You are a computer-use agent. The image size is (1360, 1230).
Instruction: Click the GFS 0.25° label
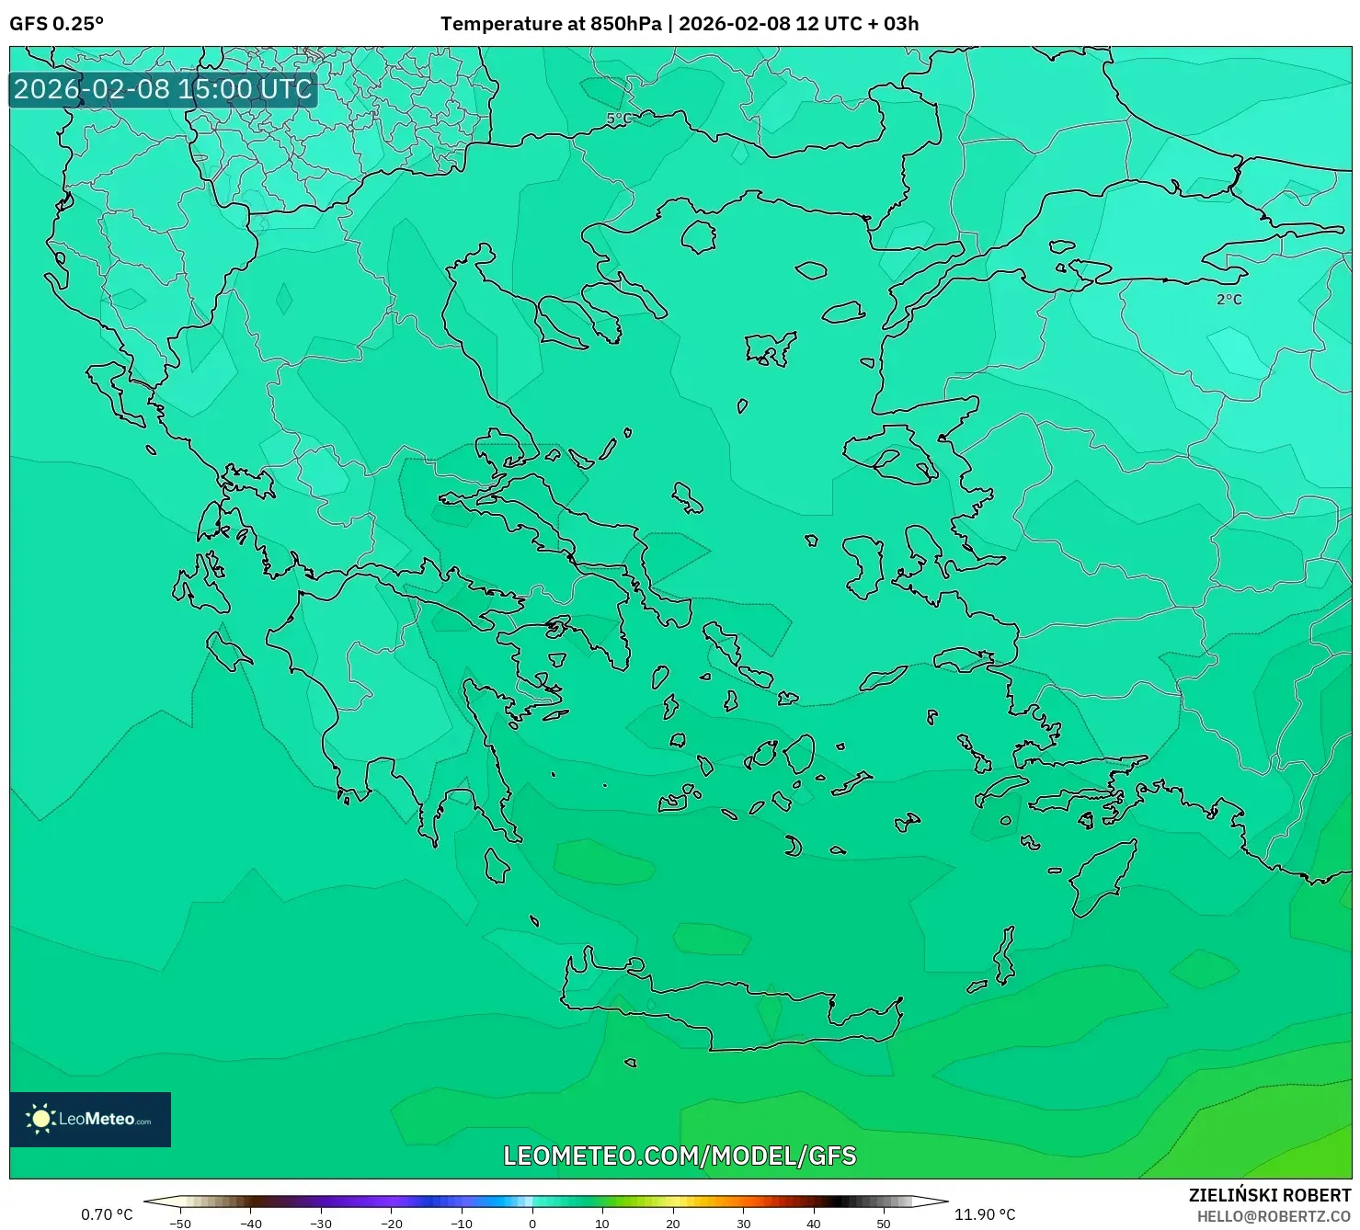[56, 24]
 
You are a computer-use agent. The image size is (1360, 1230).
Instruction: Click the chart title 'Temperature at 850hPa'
[550, 24]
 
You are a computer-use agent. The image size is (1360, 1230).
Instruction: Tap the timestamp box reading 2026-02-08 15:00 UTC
[163, 89]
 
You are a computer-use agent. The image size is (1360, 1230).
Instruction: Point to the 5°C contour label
[619, 119]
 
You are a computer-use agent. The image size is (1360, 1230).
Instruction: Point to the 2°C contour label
[1229, 300]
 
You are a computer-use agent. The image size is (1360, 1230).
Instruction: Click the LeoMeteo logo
[90, 1119]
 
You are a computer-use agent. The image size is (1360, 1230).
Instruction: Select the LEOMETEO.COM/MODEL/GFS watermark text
[680, 1156]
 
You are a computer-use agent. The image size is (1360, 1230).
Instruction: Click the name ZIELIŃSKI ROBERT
[1269, 1196]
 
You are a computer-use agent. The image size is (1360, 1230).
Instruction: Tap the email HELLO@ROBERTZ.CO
[1274, 1216]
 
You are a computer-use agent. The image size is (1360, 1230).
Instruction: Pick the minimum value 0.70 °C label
[107, 1214]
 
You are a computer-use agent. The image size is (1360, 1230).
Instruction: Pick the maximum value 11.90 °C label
[984, 1214]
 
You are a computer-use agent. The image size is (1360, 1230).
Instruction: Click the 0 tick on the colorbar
[532, 1223]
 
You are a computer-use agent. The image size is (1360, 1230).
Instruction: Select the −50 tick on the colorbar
[180, 1223]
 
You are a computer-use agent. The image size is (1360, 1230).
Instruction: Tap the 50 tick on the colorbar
[884, 1223]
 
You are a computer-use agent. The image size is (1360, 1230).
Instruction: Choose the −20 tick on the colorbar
[392, 1223]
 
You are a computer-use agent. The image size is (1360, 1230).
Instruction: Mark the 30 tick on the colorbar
[743, 1223]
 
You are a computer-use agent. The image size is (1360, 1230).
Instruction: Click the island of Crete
[736, 1011]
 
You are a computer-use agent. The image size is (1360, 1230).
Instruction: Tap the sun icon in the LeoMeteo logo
[40, 1119]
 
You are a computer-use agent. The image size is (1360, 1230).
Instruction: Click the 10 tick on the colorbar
[602, 1223]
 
